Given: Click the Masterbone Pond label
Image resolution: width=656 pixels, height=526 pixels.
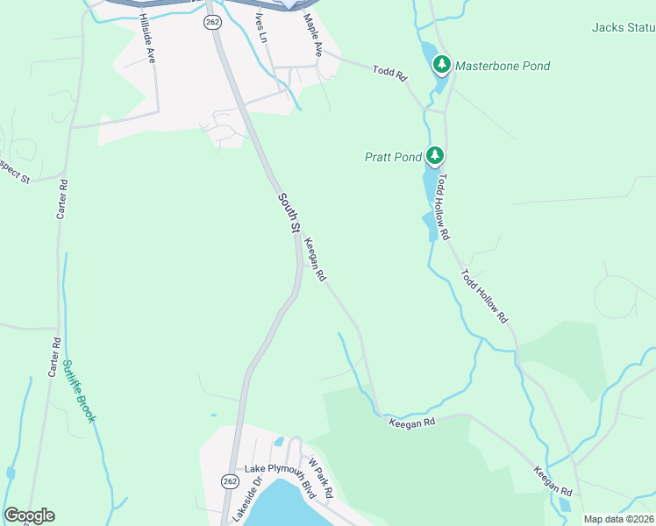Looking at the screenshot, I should point(503,66).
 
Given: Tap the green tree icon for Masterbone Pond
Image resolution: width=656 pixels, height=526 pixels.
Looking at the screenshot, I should point(442,64).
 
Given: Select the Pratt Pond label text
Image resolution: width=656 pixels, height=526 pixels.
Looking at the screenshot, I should point(393,158).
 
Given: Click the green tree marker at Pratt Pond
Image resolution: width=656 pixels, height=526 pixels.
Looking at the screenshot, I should point(435,156).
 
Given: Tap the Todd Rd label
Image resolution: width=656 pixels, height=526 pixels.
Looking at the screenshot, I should point(390,74).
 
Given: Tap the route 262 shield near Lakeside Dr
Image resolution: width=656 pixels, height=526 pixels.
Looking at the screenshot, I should point(230,481).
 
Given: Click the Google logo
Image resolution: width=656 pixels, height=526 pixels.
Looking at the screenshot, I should point(29,515).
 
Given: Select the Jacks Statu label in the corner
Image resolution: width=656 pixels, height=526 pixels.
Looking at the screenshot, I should point(624,27).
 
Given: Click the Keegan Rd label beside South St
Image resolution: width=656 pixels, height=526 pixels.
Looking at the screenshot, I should point(316,261).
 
